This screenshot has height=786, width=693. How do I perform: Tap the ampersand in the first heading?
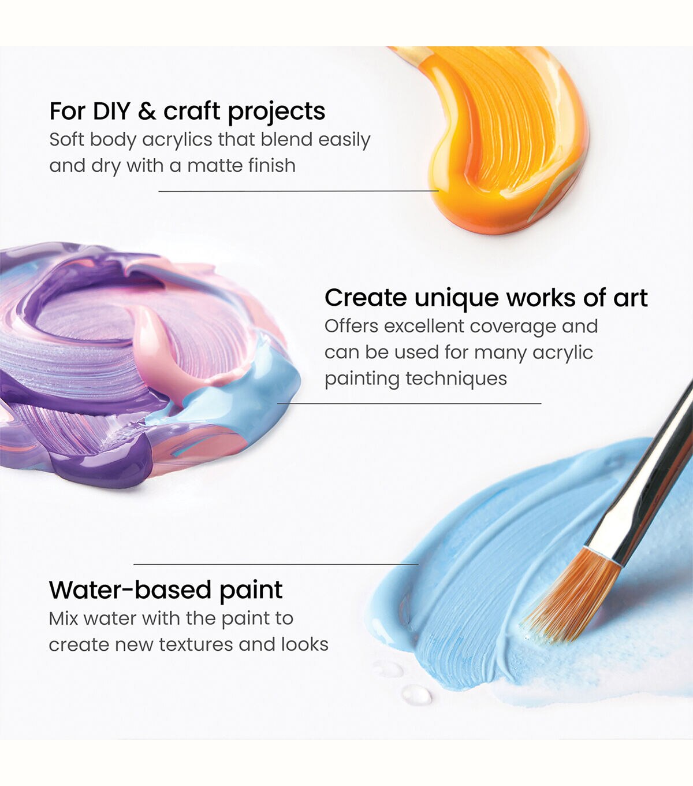click(x=147, y=112)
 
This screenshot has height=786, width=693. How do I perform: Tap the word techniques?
click(x=456, y=379)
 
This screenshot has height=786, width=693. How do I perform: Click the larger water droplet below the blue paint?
click(x=416, y=695)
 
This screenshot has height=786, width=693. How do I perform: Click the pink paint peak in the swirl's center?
click(x=155, y=342)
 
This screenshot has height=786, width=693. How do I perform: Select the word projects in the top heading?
click(x=276, y=113)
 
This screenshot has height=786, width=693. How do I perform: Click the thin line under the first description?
click(x=299, y=191)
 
